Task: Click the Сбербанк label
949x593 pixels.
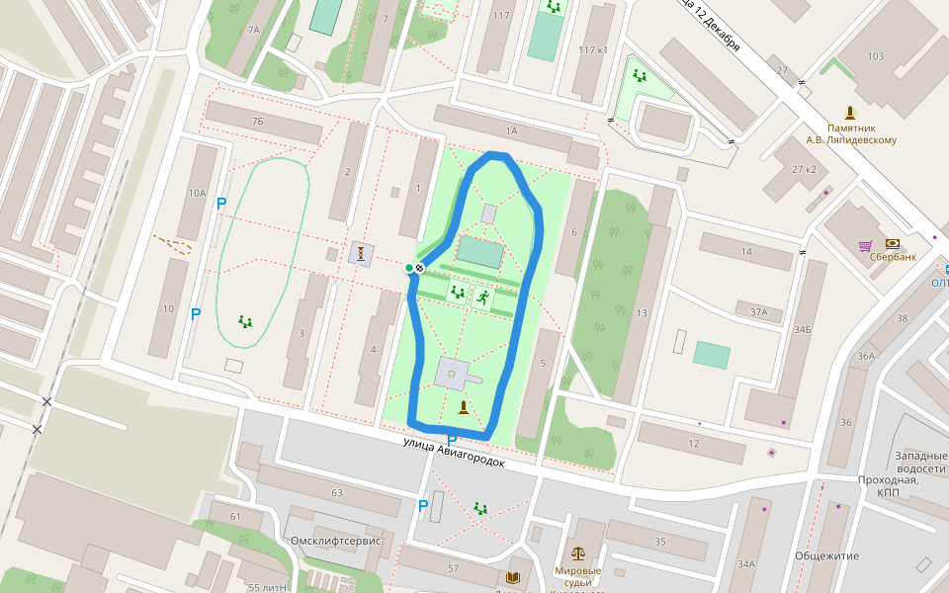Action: point(893,257)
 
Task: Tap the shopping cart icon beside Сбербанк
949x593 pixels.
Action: point(866,245)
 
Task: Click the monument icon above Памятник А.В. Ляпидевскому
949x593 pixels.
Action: point(849,113)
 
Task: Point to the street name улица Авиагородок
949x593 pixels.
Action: point(454,453)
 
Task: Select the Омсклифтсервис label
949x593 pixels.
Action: point(336,541)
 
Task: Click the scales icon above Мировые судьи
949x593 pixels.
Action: point(577,554)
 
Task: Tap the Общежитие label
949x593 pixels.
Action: point(826,555)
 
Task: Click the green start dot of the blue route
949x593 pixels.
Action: point(408,268)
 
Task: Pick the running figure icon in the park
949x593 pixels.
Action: point(482,296)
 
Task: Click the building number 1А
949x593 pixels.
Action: point(511,130)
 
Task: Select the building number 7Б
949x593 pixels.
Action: point(258,121)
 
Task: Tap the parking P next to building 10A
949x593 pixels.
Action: point(221,204)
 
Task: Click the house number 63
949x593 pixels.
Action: point(337,492)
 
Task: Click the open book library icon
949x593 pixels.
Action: point(512,577)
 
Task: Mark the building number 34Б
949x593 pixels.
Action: point(802,329)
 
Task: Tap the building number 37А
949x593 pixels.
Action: point(758,311)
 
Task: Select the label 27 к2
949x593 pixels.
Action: point(804,169)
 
